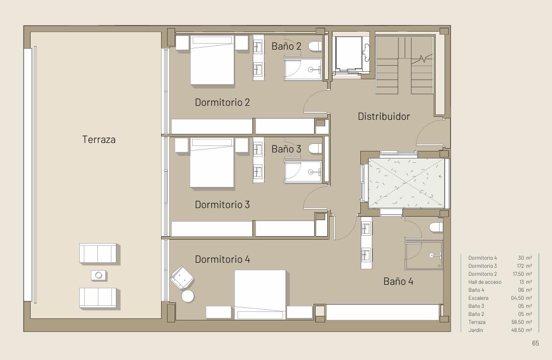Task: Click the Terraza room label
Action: [x=99, y=139]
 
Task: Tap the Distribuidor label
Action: [x=384, y=116]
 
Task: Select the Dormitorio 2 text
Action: [x=222, y=102]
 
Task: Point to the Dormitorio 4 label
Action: [x=222, y=259]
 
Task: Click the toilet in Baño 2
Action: [x=316, y=46]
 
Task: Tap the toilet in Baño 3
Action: [x=316, y=148]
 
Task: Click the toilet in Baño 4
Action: [x=436, y=227]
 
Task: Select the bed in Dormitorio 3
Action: [x=212, y=162]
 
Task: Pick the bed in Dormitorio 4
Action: [x=260, y=295]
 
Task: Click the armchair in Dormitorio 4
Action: [x=182, y=278]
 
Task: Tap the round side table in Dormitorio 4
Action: [x=188, y=296]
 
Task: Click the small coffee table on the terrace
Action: [x=99, y=275]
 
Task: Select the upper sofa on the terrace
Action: [x=98, y=253]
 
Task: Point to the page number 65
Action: [x=535, y=343]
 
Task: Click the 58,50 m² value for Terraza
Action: [x=522, y=322]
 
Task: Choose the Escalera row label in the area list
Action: [x=478, y=298]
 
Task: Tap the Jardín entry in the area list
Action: [x=476, y=330]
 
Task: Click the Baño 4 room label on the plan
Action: [x=398, y=281]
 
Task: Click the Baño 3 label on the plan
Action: [x=286, y=149]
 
